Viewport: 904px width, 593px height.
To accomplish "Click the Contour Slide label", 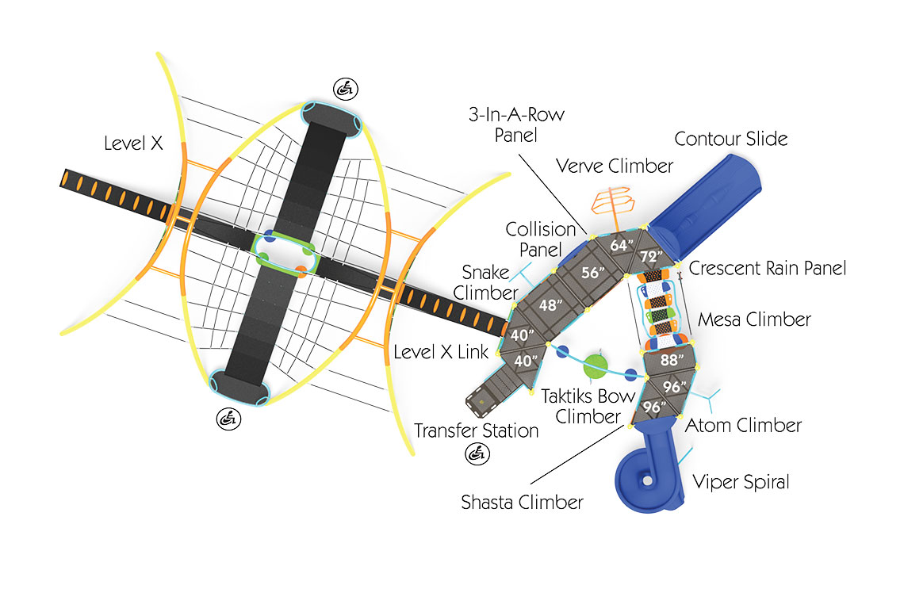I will [730, 140].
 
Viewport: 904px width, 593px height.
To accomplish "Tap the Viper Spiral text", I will [741, 481].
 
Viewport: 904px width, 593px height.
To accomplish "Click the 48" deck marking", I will [551, 304].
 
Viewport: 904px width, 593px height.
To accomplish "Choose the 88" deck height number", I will [671, 359].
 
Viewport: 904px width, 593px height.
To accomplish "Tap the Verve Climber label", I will [614, 166].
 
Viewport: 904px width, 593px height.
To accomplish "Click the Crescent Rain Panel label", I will [767, 269].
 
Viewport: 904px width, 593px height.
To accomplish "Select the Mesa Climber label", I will [754, 319].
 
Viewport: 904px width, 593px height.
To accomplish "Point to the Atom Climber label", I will [743, 425].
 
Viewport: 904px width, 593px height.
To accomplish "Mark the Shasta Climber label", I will [522, 502].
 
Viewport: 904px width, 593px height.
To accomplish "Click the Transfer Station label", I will [476, 430].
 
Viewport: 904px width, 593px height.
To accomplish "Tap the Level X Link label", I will [441, 352].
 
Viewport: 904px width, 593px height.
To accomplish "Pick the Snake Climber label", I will [486, 282].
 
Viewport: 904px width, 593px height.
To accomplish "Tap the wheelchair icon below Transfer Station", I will [477, 454].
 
